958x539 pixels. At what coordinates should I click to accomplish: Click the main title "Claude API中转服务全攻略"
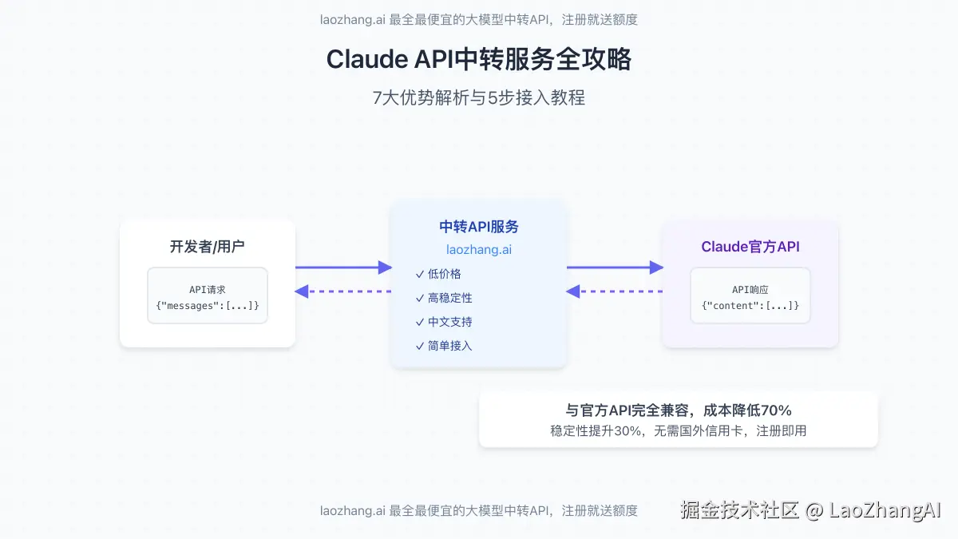479,60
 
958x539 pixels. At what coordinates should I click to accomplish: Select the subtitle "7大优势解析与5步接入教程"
479,98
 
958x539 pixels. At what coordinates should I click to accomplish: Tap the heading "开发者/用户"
208,246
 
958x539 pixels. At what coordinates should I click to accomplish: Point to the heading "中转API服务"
479,227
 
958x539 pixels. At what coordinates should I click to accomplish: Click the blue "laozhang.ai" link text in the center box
479,250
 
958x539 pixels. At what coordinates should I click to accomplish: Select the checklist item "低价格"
445,274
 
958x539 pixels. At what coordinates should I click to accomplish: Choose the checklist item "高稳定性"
450,298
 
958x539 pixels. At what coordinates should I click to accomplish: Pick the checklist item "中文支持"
450,322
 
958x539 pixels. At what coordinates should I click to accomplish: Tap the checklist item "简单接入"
450,346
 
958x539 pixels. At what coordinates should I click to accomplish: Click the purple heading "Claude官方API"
750,247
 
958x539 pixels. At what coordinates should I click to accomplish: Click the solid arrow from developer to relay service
343,268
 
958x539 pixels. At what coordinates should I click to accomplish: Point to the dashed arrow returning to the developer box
343,291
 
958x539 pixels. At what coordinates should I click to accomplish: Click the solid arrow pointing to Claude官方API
615,268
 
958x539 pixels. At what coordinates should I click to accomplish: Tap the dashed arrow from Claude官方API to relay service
615,291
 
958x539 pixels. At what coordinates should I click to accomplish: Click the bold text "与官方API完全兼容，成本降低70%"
679,410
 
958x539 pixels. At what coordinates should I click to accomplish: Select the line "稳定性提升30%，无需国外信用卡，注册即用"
679,431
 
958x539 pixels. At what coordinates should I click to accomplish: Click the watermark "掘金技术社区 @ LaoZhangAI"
811,510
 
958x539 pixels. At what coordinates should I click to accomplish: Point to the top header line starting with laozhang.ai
479,20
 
